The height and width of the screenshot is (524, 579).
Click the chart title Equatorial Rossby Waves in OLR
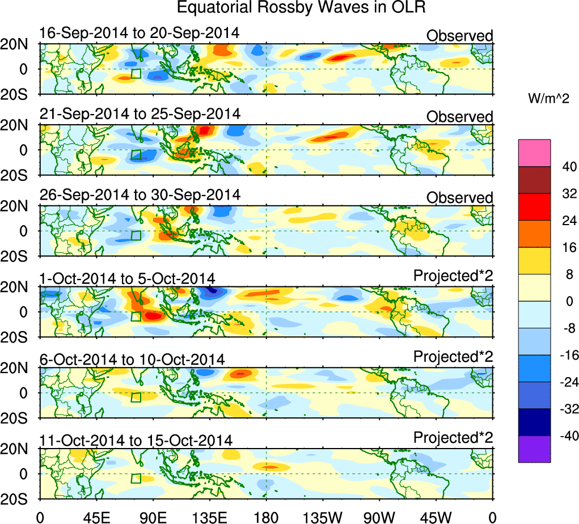301,8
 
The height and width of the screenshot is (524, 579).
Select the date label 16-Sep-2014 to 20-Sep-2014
139,33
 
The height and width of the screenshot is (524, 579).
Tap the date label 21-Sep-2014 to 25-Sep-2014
140,113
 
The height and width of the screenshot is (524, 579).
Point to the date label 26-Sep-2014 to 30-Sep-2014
140,195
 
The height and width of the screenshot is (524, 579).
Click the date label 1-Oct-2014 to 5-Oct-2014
127,278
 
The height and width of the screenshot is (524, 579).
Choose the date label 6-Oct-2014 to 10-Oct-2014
132,360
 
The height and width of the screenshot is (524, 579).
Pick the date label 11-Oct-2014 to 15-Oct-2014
136,441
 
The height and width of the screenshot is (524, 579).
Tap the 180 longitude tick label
266,517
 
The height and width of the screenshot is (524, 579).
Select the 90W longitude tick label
379,517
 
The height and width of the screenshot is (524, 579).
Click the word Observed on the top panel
460,36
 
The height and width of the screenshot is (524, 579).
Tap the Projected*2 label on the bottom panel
453,438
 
